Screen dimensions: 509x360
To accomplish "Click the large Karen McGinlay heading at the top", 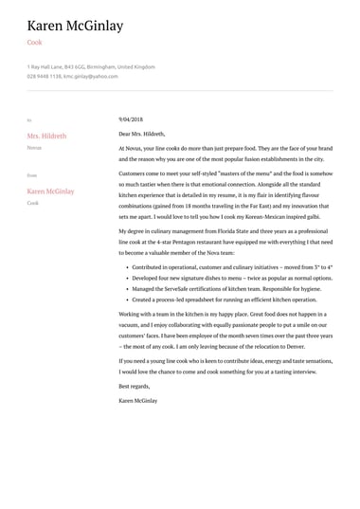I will click(x=75, y=26).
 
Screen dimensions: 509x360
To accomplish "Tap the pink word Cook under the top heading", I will click(x=34, y=43).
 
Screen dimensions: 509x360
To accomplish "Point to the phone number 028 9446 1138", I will click(x=44, y=75).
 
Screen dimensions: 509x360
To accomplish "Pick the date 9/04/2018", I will click(x=131, y=119).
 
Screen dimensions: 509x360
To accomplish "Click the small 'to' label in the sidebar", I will click(x=29, y=120).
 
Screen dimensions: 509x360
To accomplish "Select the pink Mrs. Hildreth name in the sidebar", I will click(x=46, y=136).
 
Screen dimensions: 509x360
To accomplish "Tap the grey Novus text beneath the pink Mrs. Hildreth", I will click(x=34, y=148).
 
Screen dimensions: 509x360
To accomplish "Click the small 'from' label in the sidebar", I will click(x=32, y=175).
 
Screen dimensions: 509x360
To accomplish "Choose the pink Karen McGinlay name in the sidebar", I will click(x=50, y=191).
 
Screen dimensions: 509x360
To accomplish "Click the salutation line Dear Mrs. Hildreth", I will click(x=141, y=135).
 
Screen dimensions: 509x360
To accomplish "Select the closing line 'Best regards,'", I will click(x=135, y=387).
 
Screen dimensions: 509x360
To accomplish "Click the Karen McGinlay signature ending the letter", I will click(x=138, y=401).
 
